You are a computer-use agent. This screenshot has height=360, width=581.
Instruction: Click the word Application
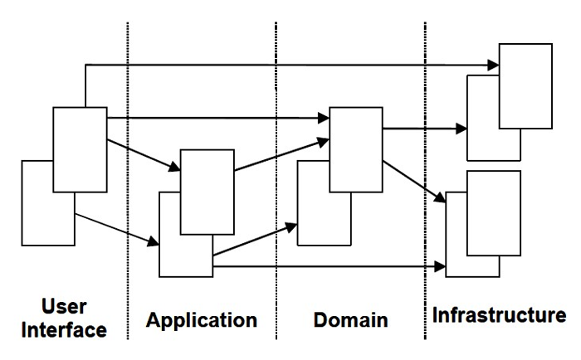click(x=203, y=319)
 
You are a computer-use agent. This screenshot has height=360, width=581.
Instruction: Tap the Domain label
click(x=350, y=319)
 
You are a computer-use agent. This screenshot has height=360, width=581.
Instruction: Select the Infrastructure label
click(x=499, y=315)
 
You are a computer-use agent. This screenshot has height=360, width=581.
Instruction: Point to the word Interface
click(x=65, y=329)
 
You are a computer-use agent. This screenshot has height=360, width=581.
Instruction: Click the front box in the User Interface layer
click(x=80, y=149)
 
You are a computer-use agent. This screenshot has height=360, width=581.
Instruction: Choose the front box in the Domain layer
click(x=355, y=146)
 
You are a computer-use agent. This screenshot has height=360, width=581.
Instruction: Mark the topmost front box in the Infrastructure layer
click(x=525, y=85)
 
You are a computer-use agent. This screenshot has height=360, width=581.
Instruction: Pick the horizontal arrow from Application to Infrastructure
click(x=332, y=266)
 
